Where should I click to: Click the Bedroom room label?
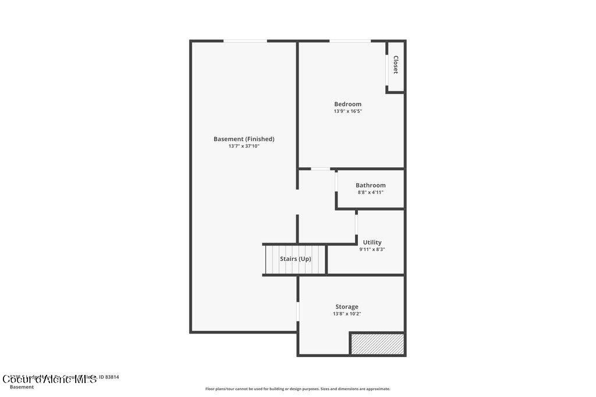click(x=347, y=104)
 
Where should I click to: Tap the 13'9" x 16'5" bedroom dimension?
click(x=347, y=111)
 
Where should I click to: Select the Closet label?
click(x=396, y=65)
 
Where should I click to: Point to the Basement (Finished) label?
click(x=244, y=139)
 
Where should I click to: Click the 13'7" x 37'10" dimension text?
click(x=244, y=146)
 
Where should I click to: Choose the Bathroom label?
click(x=371, y=185)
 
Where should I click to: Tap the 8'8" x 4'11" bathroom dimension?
click(x=371, y=192)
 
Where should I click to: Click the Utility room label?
click(x=372, y=242)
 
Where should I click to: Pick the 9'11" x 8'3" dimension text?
click(x=372, y=249)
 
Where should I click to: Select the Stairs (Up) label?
click(x=295, y=259)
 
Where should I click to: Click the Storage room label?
click(x=347, y=306)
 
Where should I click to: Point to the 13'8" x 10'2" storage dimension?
click(x=347, y=314)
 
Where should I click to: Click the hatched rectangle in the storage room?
click(x=377, y=344)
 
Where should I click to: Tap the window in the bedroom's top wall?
click(x=350, y=41)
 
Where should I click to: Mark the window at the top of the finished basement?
click(x=245, y=41)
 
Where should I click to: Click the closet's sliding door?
click(x=387, y=70)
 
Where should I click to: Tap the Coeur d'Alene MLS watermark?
click(x=49, y=380)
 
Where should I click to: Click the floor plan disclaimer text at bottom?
click(x=297, y=389)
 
